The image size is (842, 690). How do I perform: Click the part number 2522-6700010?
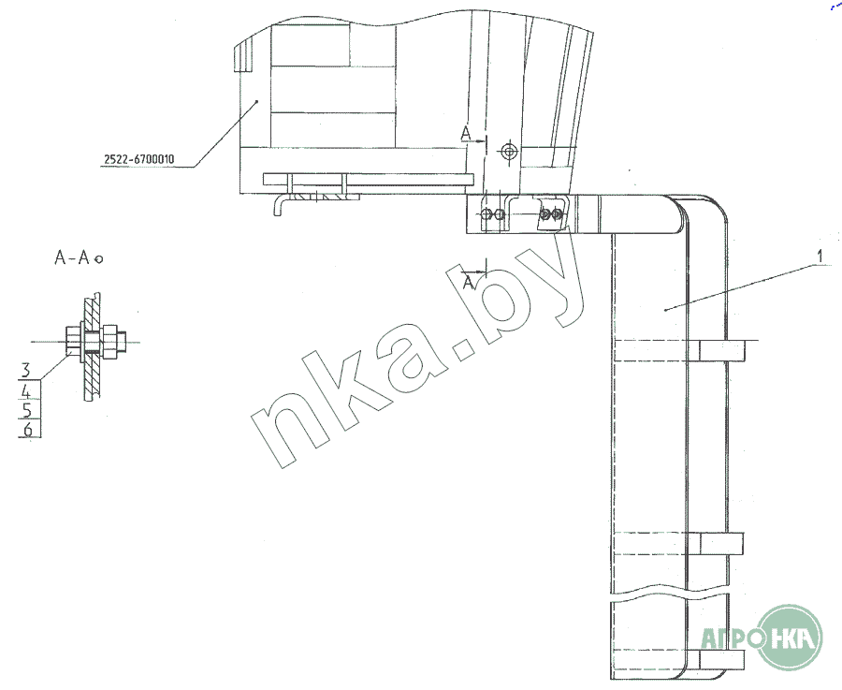click(139, 159)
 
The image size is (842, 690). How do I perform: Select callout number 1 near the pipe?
click(820, 257)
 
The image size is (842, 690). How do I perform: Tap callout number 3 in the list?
click(26, 370)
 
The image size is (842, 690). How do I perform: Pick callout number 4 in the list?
click(26, 390)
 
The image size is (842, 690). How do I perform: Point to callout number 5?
click(27, 411)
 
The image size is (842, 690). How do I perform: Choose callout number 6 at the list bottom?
click(27, 430)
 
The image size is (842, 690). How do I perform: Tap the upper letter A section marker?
click(466, 133)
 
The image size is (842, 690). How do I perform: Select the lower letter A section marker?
click(469, 282)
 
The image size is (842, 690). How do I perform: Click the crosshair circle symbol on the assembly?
click(509, 152)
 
